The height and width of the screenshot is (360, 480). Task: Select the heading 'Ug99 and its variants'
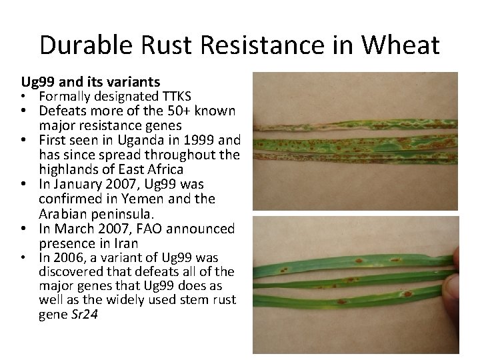91,82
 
